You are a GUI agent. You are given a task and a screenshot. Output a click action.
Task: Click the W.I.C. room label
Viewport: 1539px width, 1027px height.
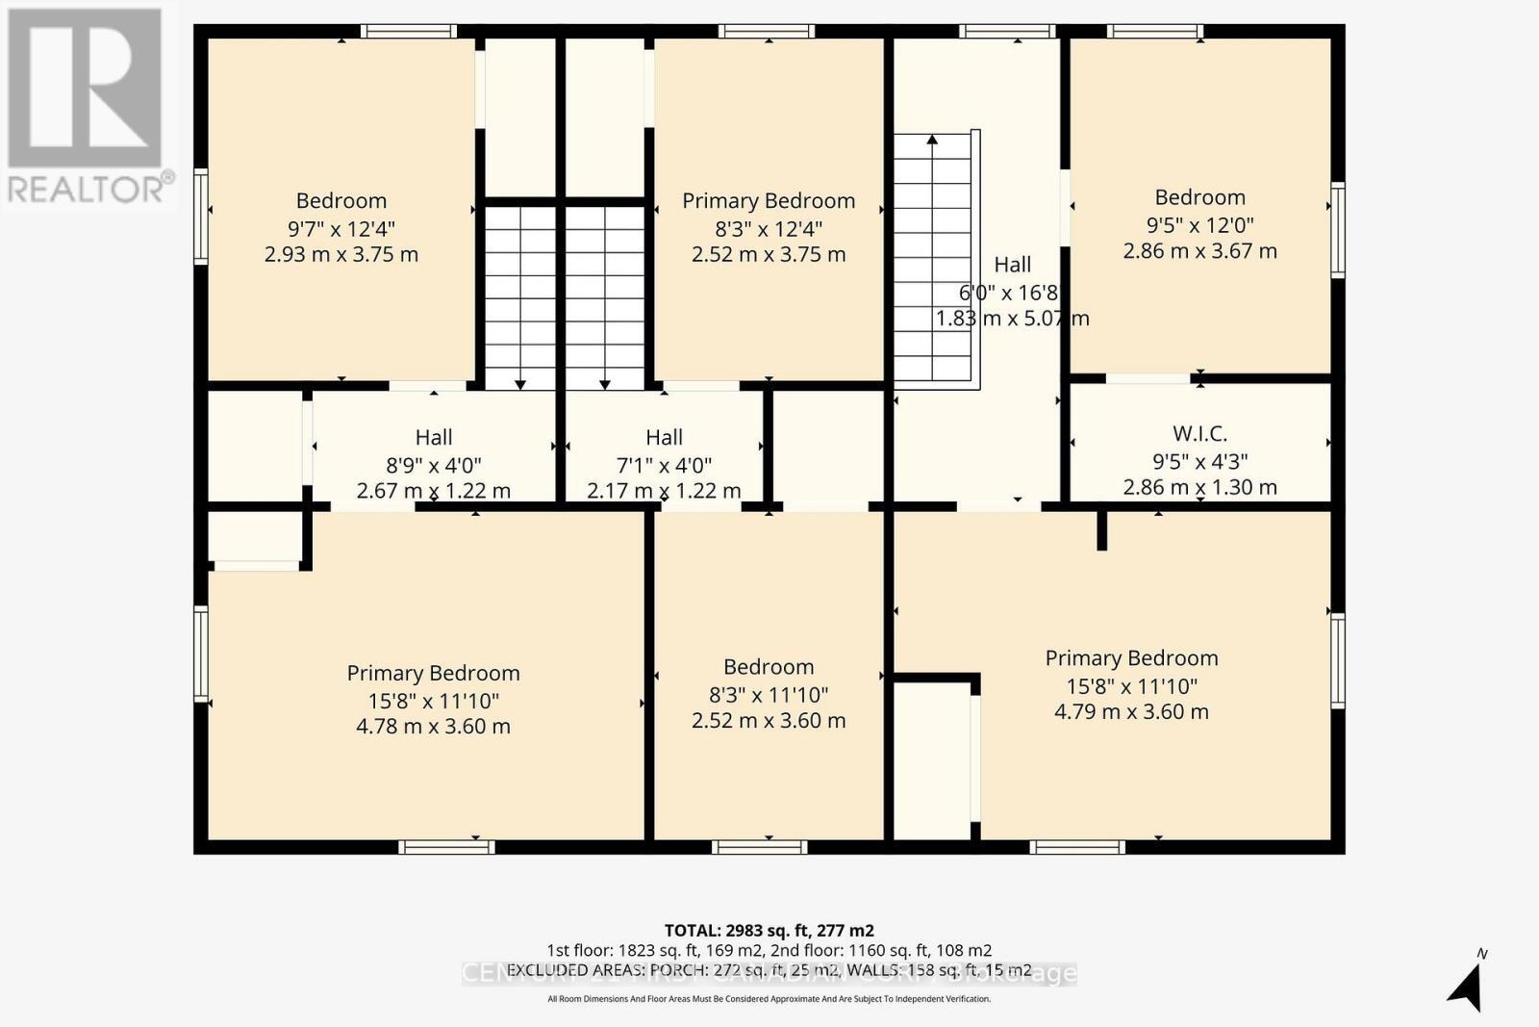coord(1199,434)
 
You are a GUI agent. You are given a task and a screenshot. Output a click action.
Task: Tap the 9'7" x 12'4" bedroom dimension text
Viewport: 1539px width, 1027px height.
coord(341,229)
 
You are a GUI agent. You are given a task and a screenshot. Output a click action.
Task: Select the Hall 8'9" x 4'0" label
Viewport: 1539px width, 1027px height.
coord(434,438)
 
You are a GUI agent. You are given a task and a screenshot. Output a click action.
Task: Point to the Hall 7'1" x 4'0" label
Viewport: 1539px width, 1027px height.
coord(664,438)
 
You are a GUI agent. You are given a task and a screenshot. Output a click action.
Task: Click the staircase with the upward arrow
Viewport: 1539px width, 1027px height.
coord(932,258)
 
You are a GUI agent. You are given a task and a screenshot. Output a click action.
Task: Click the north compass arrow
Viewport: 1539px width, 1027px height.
coord(1467,985)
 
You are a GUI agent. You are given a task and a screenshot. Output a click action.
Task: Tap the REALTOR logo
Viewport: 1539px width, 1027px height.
coord(87,106)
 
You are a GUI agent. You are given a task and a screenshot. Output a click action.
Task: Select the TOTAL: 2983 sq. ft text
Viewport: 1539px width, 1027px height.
coord(769,930)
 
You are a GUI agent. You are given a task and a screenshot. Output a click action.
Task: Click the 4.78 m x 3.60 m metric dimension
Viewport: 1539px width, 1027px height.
coord(433,727)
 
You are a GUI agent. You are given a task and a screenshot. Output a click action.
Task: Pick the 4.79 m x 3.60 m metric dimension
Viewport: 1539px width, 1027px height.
coord(1131,712)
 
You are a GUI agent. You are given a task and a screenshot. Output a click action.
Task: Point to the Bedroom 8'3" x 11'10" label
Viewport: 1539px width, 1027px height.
coord(769,667)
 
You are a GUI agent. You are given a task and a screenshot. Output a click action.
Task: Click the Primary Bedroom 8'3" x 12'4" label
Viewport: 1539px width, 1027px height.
coord(769,201)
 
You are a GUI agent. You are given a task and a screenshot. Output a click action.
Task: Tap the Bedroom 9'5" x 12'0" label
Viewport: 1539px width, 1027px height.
coord(1199,197)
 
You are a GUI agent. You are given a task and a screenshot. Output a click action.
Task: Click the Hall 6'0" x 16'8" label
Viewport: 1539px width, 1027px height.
coord(1012,265)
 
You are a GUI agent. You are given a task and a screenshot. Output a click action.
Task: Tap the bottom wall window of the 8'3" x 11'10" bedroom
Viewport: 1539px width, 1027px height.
coord(760,847)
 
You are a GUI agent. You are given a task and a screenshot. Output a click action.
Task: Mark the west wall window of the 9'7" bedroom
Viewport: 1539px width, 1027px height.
coord(201,216)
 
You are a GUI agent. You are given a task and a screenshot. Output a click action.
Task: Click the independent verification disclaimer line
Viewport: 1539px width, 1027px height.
coord(769,999)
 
